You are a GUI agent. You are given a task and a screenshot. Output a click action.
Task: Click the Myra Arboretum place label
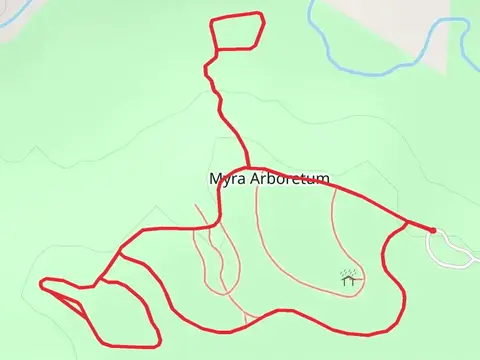pos(269,179)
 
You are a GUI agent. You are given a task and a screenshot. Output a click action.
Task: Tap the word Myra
pos(226,179)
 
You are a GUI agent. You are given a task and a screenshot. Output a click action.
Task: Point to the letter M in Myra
pos(215,179)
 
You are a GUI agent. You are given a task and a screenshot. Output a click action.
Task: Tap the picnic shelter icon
pos(349,280)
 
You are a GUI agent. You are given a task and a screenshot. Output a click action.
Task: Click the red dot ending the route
pos(432,230)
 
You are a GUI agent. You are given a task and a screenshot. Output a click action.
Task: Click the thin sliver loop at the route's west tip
pos(60,292)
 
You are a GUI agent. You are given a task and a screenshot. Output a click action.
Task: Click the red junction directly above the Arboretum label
pos(247,167)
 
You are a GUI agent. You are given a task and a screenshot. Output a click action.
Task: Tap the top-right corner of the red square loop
pos(261,14)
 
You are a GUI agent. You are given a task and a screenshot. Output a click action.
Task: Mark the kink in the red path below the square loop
pos(207,68)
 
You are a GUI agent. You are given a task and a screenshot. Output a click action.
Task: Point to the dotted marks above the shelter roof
pos(349,272)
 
